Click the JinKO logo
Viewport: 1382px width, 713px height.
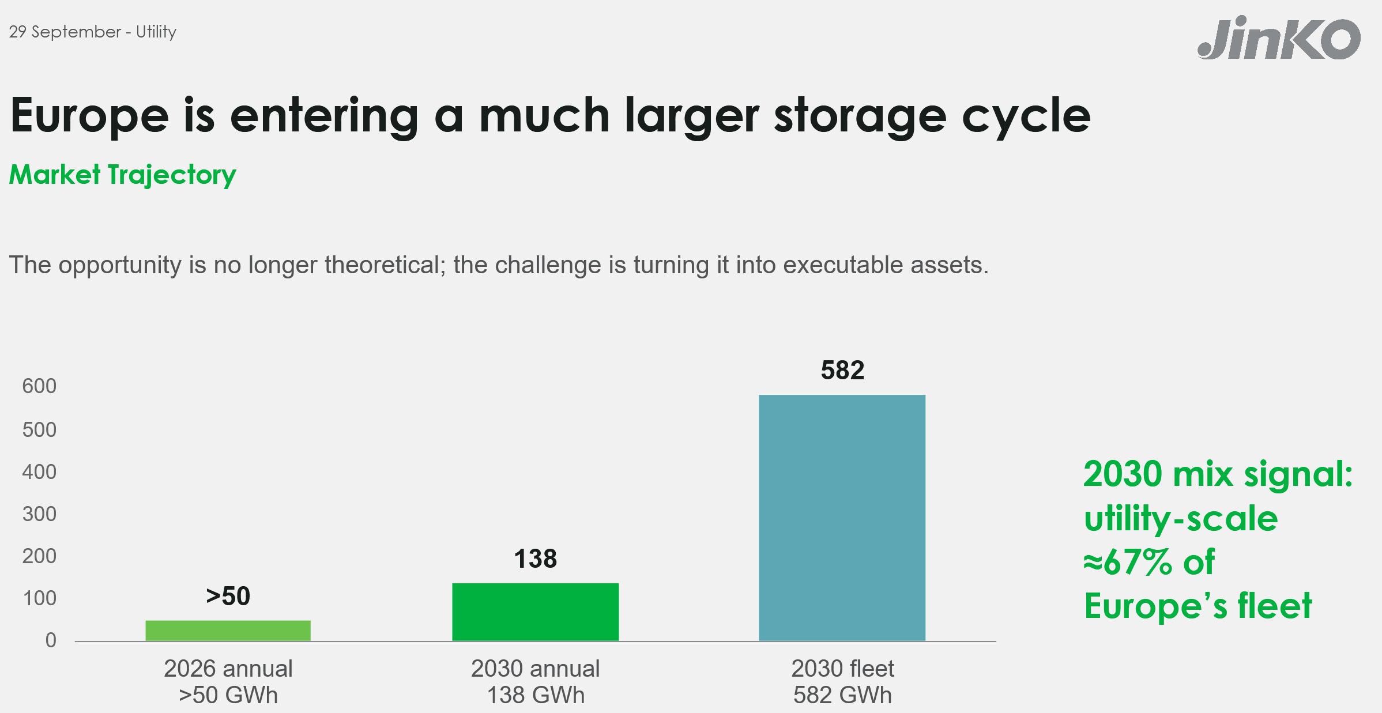point(1279,39)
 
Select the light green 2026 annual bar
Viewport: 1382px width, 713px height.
point(228,631)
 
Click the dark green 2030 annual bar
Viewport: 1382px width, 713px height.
point(535,612)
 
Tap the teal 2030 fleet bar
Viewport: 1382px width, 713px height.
point(842,518)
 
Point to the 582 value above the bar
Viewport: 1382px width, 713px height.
point(842,370)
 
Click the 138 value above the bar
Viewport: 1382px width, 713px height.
point(535,559)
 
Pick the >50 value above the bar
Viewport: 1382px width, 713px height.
point(228,596)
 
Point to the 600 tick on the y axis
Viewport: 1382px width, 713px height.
point(39,386)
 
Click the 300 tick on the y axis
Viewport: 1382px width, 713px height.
point(39,514)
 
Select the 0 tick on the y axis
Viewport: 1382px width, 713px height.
point(51,640)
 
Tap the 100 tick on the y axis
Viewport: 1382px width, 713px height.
point(39,598)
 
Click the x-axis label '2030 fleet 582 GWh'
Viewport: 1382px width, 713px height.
point(842,682)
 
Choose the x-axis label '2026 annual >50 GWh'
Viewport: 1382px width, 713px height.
point(228,682)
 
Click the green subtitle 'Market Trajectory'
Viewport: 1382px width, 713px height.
point(122,175)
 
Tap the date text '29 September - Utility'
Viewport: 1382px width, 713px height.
point(92,32)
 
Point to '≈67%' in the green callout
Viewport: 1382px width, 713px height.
point(1128,562)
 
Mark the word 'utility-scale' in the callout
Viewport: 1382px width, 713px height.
point(1181,519)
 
